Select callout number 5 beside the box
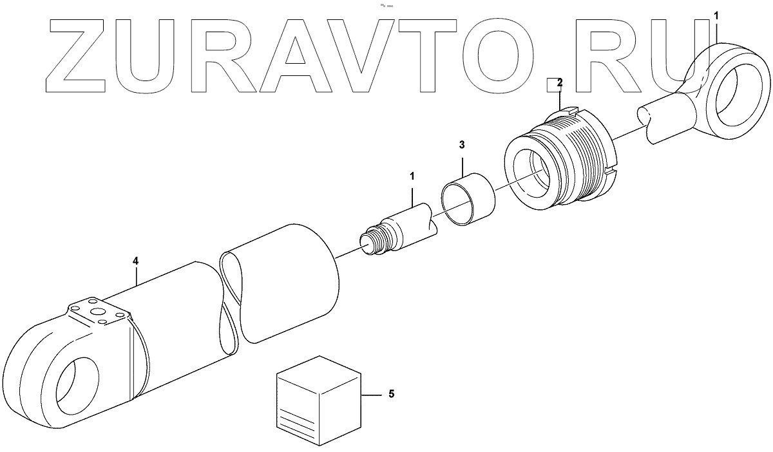pyautogui.click(x=391, y=394)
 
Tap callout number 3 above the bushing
pyautogui.click(x=462, y=145)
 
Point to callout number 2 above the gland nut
pyautogui.click(x=559, y=82)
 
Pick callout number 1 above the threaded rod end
pyautogui.click(x=412, y=174)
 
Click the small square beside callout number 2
pyautogui.click(x=551, y=84)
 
